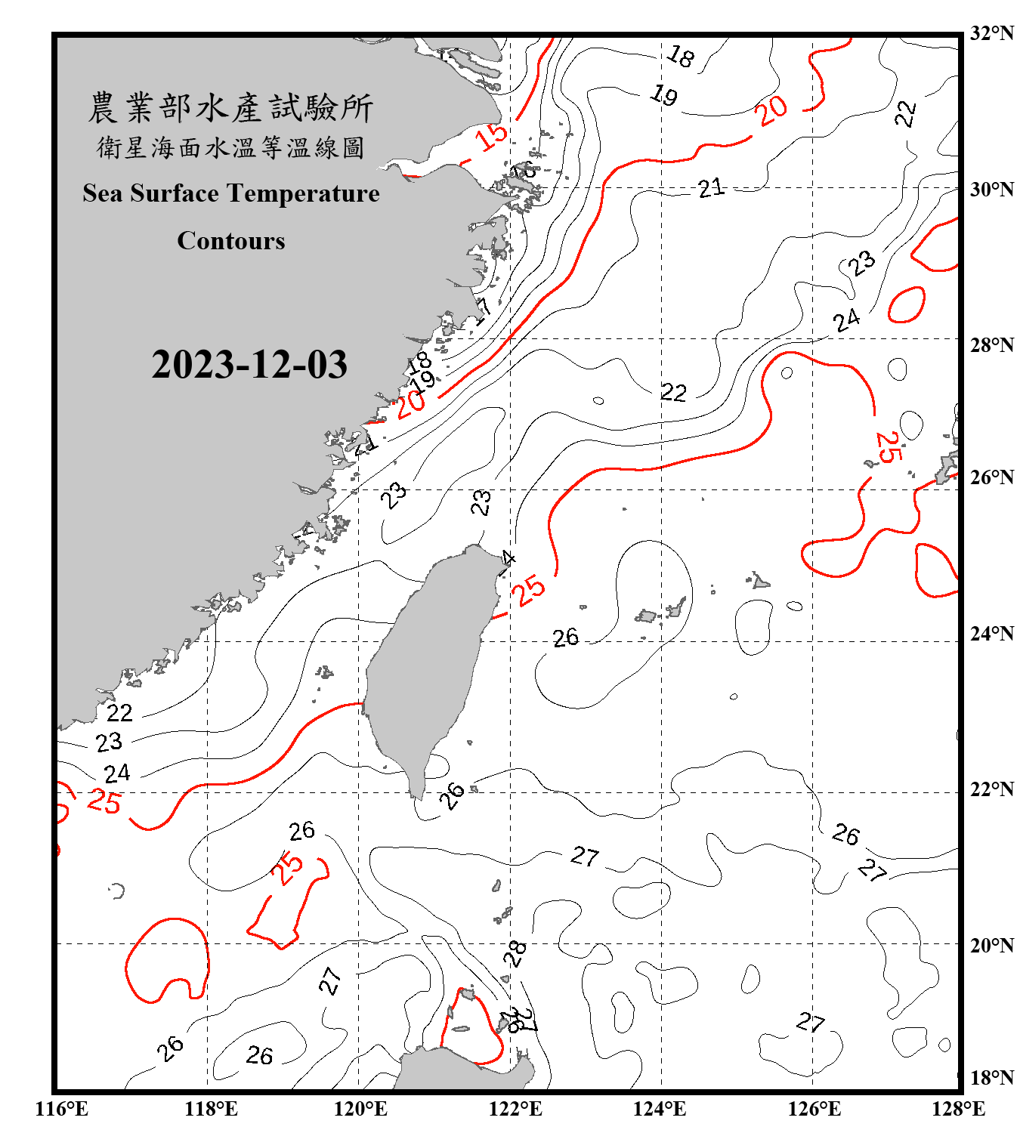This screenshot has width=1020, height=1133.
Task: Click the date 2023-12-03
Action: pyautogui.click(x=249, y=365)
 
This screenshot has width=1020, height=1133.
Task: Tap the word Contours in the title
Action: pyautogui.click(x=231, y=241)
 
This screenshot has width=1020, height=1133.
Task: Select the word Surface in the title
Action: pyautogui.click(x=175, y=193)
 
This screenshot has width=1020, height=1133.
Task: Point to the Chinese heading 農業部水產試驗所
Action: pyautogui.click(x=230, y=108)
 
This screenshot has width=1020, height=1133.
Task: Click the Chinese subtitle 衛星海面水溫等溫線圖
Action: pyautogui.click(x=230, y=147)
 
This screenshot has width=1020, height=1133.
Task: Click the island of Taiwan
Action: pyautogui.click(x=427, y=665)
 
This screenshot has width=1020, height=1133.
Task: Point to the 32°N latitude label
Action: pyautogui.click(x=991, y=33)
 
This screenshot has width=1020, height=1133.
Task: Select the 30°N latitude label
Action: pyautogui.click(x=991, y=189)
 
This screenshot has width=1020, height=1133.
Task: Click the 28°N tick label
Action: pyautogui.click(x=991, y=345)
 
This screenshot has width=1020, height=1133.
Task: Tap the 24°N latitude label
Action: pyautogui.click(x=991, y=634)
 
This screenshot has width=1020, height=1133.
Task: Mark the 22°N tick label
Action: pyautogui.click(x=991, y=789)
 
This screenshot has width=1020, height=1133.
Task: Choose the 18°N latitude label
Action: pyautogui.click(x=991, y=1078)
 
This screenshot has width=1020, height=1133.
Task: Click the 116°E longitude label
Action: pyautogui.click(x=62, y=1109)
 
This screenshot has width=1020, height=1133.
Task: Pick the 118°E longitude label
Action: pyautogui.click(x=211, y=1109)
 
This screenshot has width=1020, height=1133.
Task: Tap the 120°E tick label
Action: pyautogui.click(x=360, y=1109)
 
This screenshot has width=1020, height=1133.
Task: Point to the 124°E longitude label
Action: pyautogui.click(x=660, y=1109)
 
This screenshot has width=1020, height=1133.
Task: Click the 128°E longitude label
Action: pyautogui.click(x=958, y=1109)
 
